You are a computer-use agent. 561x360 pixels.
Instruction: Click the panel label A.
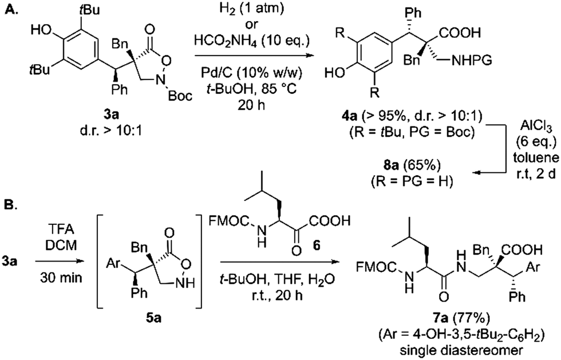click(x=10, y=10)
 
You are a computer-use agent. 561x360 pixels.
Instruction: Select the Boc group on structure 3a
click(x=180, y=96)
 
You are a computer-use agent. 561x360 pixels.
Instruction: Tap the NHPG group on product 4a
click(x=472, y=61)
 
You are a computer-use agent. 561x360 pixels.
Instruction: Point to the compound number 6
click(x=316, y=246)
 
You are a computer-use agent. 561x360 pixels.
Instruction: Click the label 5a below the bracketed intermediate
click(x=153, y=318)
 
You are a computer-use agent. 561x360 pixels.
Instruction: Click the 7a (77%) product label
click(x=461, y=318)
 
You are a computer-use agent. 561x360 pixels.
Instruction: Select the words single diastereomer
click(x=461, y=350)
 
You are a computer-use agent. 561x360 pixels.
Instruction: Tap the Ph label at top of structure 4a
click(x=413, y=13)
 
